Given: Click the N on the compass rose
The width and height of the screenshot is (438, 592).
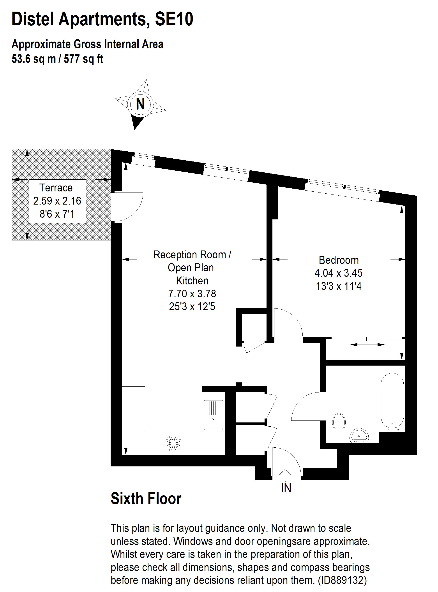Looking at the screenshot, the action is pyautogui.click(x=140, y=104).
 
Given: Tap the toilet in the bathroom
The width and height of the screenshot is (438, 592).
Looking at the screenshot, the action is pyautogui.click(x=339, y=422).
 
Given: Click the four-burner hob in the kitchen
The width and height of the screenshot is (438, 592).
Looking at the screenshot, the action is pyautogui.click(x=173, y=443).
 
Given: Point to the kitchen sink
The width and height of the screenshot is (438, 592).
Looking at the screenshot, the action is pyautogui.click(x=213, y=415).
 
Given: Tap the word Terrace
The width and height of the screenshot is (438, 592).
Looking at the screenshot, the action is pyautogui.click(x=56, y=188).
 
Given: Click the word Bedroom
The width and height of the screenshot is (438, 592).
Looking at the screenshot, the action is pyautogui.click(x=339, y=260).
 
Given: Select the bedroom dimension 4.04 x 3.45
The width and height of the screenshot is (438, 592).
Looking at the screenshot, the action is pyautogui.click(x=338, y=273).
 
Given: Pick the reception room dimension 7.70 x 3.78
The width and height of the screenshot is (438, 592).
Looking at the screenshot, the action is pyautogui.click(x=192, y=293).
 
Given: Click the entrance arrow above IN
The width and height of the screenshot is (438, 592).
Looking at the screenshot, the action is pyautogui.click(x=286, y=474).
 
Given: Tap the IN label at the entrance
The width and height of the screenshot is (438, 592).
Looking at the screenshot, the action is pyautogui.click(x=286, y=488).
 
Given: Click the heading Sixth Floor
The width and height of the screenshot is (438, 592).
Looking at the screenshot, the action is pyautogui.click(x=146, y=499).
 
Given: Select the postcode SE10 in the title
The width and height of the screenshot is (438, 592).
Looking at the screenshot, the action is pyautogui.click(x=174, y=19).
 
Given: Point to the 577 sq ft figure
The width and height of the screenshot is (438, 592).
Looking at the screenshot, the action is pyautogui.click(x=83, y=59).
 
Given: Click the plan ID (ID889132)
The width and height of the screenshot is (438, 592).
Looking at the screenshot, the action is pyautogui.click(x=342, y=580).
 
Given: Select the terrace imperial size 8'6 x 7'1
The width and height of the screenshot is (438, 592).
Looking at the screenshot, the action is pyautogui.click(x=57, y=214).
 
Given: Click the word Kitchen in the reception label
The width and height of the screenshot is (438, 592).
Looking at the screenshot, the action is pyautogui.click(x=192, y=281).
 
